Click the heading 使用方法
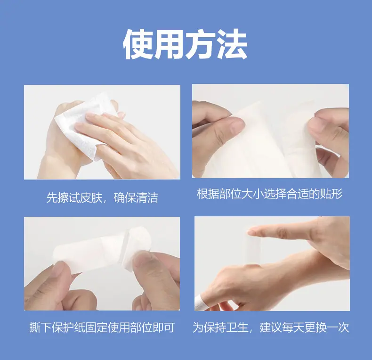pos(185,44)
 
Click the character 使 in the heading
pos(138,44)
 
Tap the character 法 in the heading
pos(232,44)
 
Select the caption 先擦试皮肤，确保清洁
pos(102,197)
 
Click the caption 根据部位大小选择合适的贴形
pos(270,194)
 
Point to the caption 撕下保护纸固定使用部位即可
pos(102,327)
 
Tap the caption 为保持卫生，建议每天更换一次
pos(271,327)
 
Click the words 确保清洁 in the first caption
pos(136,197)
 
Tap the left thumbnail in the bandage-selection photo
pos(236,125)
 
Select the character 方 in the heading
pos(201,44)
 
